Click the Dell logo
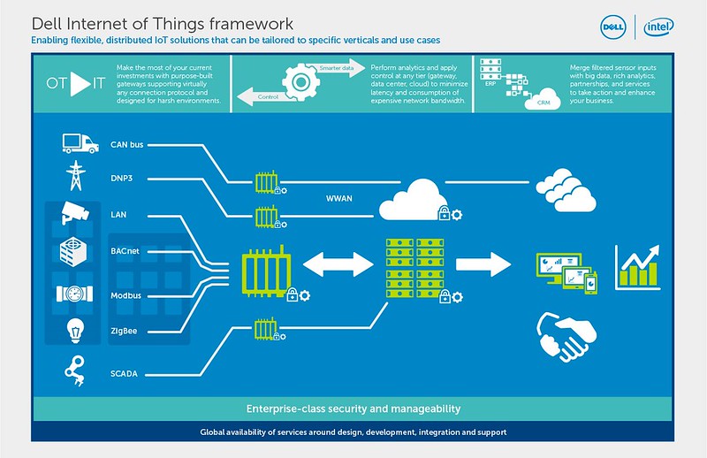click(613, 27)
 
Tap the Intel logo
click(658, 27)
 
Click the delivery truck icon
click(80, 143)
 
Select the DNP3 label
click(122, 179)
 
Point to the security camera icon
click(75, 212)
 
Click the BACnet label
click(125, 251)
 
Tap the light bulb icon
click(75, 331)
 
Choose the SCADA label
click(124, 374)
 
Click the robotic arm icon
click(75, 370)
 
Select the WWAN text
click(339, 199)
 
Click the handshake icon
click(566, 337)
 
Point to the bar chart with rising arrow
click(637, 267)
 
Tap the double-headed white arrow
click(338, 264)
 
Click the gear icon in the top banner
click(300, 82)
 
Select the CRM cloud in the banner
click(543, 100)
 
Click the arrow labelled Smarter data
click(338, 68)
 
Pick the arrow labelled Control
click(266, 96)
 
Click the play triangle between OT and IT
click(80, 83)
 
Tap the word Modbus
click(125, 295)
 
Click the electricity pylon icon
click(76, 176)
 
